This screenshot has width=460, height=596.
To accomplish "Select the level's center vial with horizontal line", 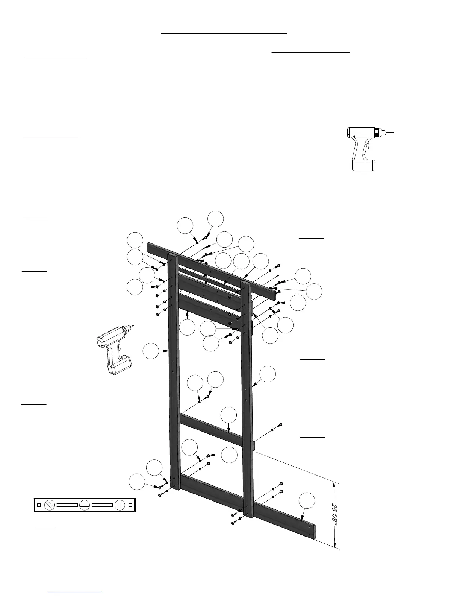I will click(85, 505).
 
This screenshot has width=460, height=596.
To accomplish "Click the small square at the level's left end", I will click(39, 505).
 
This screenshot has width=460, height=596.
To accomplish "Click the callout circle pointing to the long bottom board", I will click(306, 500).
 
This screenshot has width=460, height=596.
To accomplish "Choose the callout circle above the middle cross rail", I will click(228, 415).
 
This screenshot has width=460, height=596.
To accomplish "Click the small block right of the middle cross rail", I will click(253, 445).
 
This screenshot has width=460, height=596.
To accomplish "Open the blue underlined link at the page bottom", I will click(75, 593).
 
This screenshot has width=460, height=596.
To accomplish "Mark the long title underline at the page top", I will click(224, 33).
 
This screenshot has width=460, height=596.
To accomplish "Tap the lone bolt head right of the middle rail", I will click(280, 425).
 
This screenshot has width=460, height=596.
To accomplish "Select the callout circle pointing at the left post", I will click(151, 351).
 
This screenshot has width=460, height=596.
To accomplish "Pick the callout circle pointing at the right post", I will click(267, 374).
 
